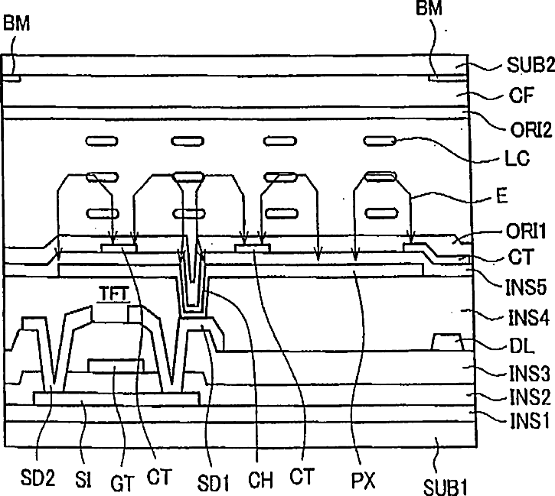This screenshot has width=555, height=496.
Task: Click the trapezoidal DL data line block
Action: pos(449,342)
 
